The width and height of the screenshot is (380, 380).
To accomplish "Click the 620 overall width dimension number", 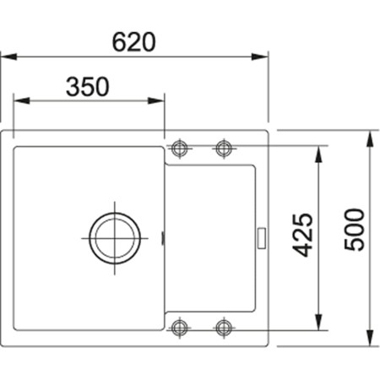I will click(135, 41).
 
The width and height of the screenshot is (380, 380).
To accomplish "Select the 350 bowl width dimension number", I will click(88, 86).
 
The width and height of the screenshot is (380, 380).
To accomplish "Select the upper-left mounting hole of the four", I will click(179, 149).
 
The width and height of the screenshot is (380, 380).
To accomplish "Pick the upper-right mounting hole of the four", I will click(224, 149).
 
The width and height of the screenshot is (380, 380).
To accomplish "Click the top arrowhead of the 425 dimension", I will click(322, 153).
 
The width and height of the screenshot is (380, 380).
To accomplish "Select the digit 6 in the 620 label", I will click(120, 41).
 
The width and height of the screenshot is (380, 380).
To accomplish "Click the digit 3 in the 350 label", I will click(73, 86).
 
